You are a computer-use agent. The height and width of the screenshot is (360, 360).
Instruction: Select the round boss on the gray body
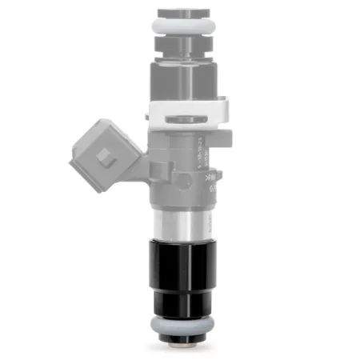213,192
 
